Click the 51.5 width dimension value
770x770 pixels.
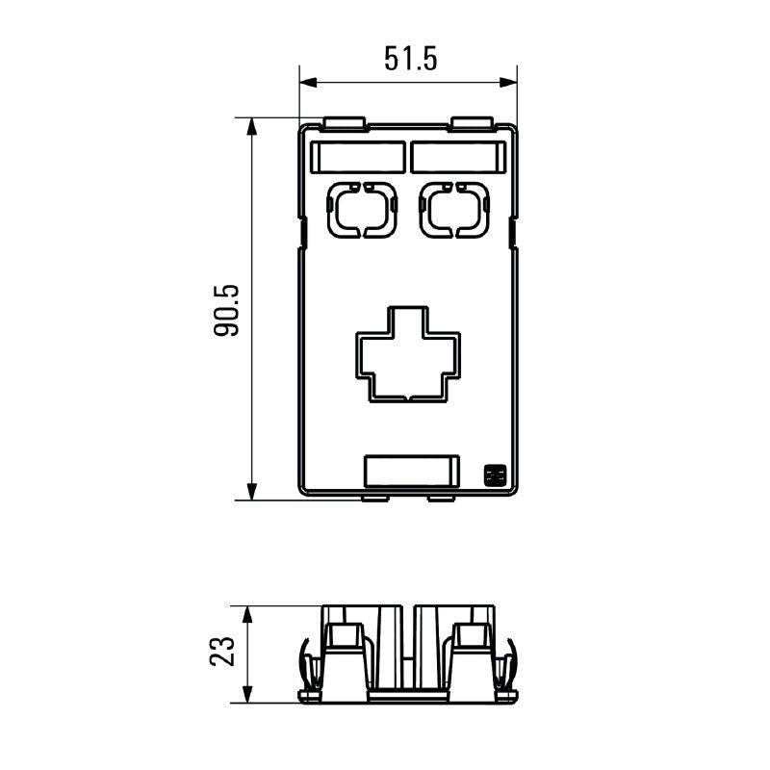click(x=411, y=59)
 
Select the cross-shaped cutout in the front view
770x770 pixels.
click(x=408, y=352)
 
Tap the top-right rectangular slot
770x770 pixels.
click(x=457, y=157)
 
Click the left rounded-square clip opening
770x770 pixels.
click(x=361, y=208)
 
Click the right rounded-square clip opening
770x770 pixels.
click(x=454, y=208)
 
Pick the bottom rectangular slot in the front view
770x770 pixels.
click(x=411, y=470)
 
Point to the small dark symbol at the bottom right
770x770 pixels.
click(x=495, y=475)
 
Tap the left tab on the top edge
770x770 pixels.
click(x=345, y=123)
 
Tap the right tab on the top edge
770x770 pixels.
click(x=472, y=123)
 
